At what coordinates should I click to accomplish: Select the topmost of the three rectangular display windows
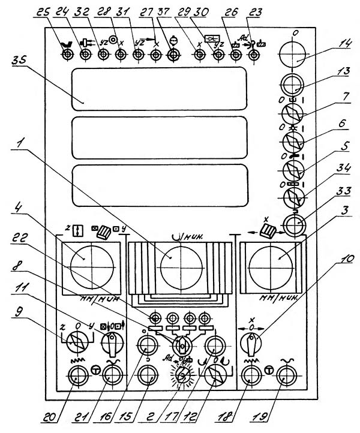click(x=158, y=89)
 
